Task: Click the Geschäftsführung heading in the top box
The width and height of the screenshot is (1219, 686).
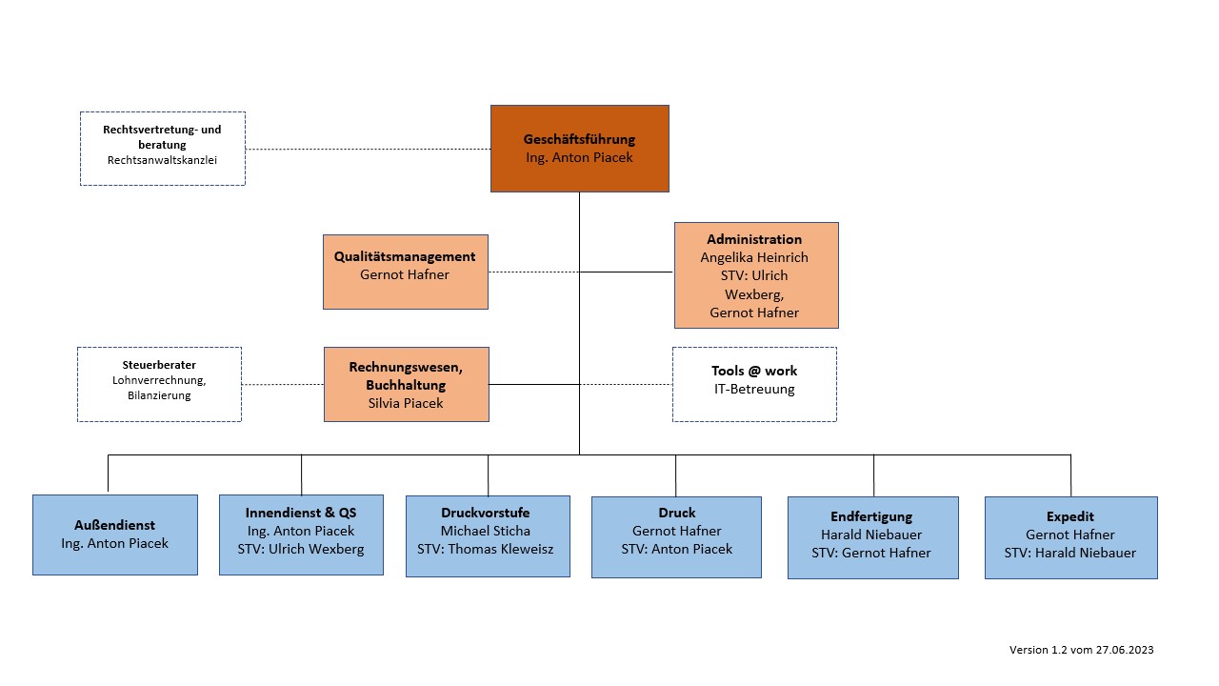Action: (x=579, y=139)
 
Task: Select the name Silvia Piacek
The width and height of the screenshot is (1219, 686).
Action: (x=406, y=403)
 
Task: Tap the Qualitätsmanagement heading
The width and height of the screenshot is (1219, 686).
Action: (x=405, y=256)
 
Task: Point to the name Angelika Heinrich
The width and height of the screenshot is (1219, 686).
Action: (x=754, y=257)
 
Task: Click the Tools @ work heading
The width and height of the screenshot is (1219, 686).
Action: (x=754, y=371)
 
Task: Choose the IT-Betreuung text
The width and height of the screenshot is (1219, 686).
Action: (x=754, y=390)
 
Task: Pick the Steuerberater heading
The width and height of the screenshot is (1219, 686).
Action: (x=159, y=365)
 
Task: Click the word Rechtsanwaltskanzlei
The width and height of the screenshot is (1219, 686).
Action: (x=162, y=160)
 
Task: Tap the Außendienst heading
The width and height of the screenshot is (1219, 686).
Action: (x=115, y=525)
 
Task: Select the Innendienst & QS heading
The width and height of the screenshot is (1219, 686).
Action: (x=301, y=513)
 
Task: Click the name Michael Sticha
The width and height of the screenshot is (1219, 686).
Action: (x=486, y=531)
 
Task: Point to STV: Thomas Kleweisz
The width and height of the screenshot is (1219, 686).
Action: (x=486, y=550)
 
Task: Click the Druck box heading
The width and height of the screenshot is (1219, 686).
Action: (x=677, y=513)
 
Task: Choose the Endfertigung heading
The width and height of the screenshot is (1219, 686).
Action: (x=871, y=516)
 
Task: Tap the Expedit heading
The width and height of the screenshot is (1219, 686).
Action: (x=1069, y=516)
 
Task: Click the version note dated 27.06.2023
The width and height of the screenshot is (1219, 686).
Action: (x=1081, y=650)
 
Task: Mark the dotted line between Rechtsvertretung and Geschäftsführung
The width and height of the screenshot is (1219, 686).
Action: (x=368, y=149)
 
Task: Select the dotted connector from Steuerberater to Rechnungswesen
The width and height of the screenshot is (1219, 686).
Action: (x=283, y=384)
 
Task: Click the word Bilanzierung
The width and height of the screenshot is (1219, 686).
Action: (x=159, y=395)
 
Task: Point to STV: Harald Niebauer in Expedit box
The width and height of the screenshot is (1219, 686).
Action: (x=1069, y=554)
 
